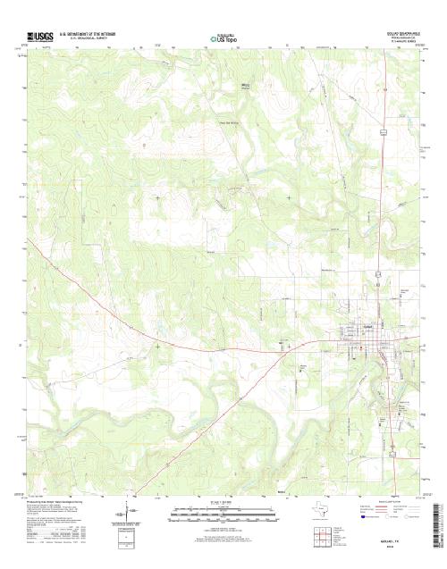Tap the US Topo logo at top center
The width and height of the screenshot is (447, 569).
[223, 38]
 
